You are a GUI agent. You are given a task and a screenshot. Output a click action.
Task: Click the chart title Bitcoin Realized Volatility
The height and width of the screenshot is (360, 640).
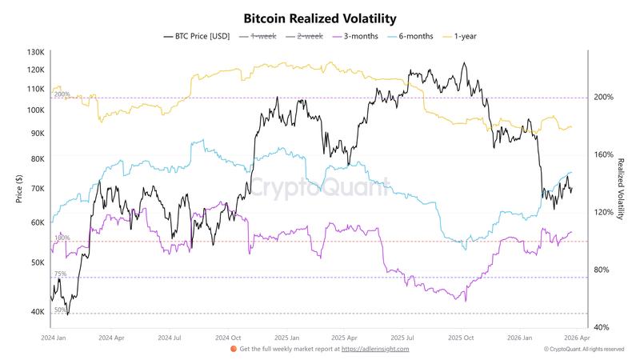(x=319, y=18)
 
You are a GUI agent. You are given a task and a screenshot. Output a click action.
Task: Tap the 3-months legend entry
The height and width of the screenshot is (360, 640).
(x=361, y=36)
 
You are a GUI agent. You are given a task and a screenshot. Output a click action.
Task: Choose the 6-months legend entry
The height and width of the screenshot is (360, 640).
(x=414, y=36)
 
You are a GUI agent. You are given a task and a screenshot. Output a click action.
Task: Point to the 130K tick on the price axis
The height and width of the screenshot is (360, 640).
(x=35, y=53)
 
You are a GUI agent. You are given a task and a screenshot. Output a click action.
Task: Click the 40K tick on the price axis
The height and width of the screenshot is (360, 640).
(x=37, y=312)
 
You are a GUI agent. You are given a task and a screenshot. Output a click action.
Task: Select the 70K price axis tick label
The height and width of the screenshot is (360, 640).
(x=37, y=189)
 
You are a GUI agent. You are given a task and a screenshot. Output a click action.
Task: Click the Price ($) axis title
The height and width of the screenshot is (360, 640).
(x=19, y=190)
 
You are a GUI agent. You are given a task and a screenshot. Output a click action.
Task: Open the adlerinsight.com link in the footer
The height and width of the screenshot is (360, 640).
(x=375, y=349)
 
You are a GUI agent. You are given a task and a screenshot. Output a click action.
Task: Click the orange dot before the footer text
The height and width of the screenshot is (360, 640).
(x=233, y=349)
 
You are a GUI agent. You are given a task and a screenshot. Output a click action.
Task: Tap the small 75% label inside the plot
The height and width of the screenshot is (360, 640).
(x=60, y=274)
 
